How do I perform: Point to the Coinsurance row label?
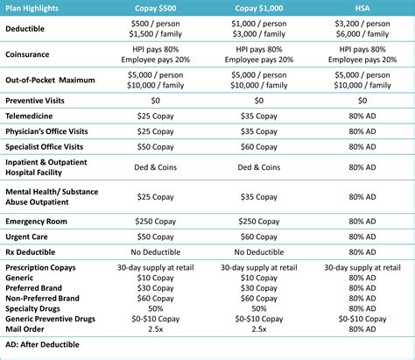click(29, 54)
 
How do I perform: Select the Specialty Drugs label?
click(35, 308)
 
